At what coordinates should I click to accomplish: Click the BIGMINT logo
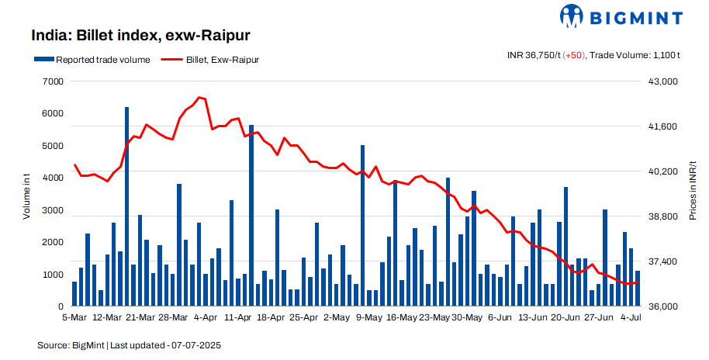coord(621,16)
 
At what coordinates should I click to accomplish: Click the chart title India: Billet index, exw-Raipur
coord(140,36)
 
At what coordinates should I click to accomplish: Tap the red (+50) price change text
coord(574,55)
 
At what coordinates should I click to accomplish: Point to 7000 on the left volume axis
coord(54,81)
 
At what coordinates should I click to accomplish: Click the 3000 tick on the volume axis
coord(54,210)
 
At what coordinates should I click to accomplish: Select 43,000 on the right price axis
coord(663,81)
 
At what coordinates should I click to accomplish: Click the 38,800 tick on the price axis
coord(663,217)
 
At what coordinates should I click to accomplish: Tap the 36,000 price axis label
coord(663,307)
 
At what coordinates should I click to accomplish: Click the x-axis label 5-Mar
coord(74,318)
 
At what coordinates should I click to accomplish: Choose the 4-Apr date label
coord(205,318)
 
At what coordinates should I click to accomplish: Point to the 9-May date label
coord(368,318)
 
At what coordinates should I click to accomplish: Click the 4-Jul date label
coord(630,318)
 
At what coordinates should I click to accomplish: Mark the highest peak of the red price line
coord(199,98)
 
